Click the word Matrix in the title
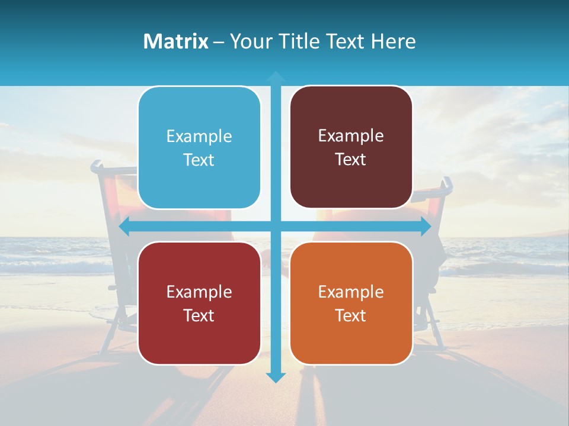click(176, 41)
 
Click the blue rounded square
click(199, 148)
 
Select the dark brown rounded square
click(351, 147)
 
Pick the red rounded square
click(199, 303)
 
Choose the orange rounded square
click(351, 303)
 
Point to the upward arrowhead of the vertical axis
click(276, 77)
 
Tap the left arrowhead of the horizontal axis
click(125, 227)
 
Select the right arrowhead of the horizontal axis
click(425, 227)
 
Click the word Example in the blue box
click(199, 137)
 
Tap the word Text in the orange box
click(351, 315)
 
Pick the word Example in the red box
click(199, 292)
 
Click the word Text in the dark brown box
click(351, 160)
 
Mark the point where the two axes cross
click(276, 227)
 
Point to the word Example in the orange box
click(351, 292)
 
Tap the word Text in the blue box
click(199, 160)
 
